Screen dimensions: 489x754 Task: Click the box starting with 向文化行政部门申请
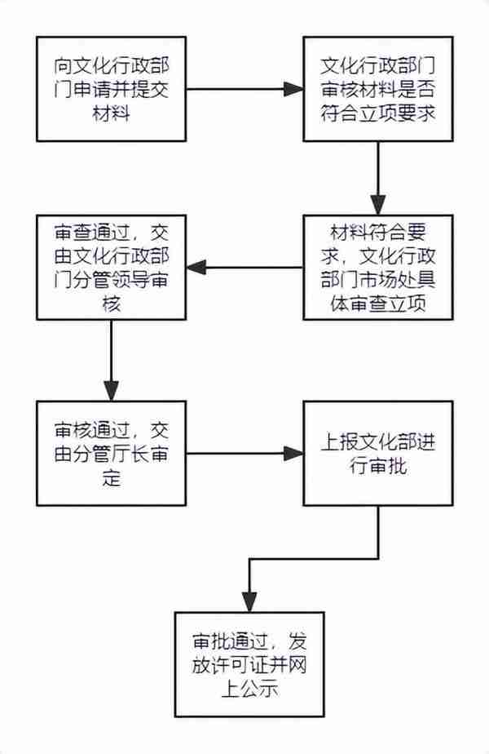pyautogui.click(x=112, y=89)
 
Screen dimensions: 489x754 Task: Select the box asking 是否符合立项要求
pyautogui.click(x=378, y=89)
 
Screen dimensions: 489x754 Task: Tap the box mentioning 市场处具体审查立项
pyautogui.click(x=378, y=268)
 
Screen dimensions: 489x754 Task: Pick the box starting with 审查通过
pyautogui.click(x=112, y=268)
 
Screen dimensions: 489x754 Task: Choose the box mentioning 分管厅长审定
pyautogui.click(x=112, y=454)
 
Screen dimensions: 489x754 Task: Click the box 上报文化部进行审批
pyautogui.click(x=378, y=454)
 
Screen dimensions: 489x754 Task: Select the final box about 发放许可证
pyautogui.click(x=249, y=664)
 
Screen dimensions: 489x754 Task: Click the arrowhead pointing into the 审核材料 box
pyautogui.click(x=293, y=89)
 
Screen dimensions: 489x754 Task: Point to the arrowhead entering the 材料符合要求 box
pyautogui.click(x=378, y=206)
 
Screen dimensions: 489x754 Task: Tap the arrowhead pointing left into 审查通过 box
pyautogui.click(x=196, y=268)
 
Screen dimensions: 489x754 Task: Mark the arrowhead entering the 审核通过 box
pyautogui.click(x=112, y=392)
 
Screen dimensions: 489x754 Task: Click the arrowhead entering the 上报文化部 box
pyautogui.click(x=293, y=454)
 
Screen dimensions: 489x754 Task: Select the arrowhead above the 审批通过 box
pyautogui.click(x=249, y=602)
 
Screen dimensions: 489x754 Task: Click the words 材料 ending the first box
pyautogui.click(x=112, y=114)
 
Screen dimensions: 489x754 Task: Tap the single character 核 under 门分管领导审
pyautogui.click(x=112, y=304)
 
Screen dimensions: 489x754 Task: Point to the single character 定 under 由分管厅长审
pyautogui.click(x=112, y=478)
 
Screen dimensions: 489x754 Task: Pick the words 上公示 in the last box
pyautogui.click(x=249, y=689)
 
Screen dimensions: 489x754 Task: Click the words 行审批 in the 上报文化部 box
pyautogui.click(x=378, y=466)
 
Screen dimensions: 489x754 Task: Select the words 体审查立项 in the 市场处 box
pyautogui.click(x=378, y=304)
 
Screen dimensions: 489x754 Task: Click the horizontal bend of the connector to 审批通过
pyautogui.click(x=314, y=558)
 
